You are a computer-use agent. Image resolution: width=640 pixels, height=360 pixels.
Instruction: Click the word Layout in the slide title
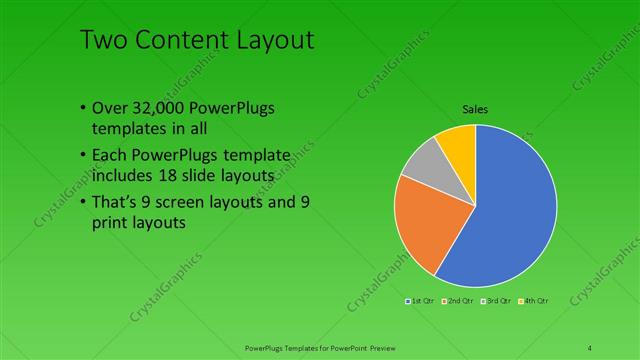click(x=268, y=41)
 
